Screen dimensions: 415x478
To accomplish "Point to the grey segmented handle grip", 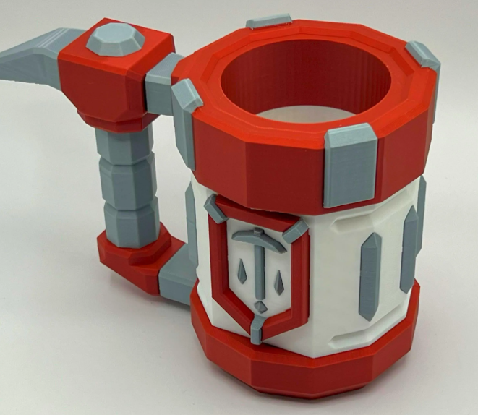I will tap(129, 181).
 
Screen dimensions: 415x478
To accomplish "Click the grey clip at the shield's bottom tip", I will tap(259, 322).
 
